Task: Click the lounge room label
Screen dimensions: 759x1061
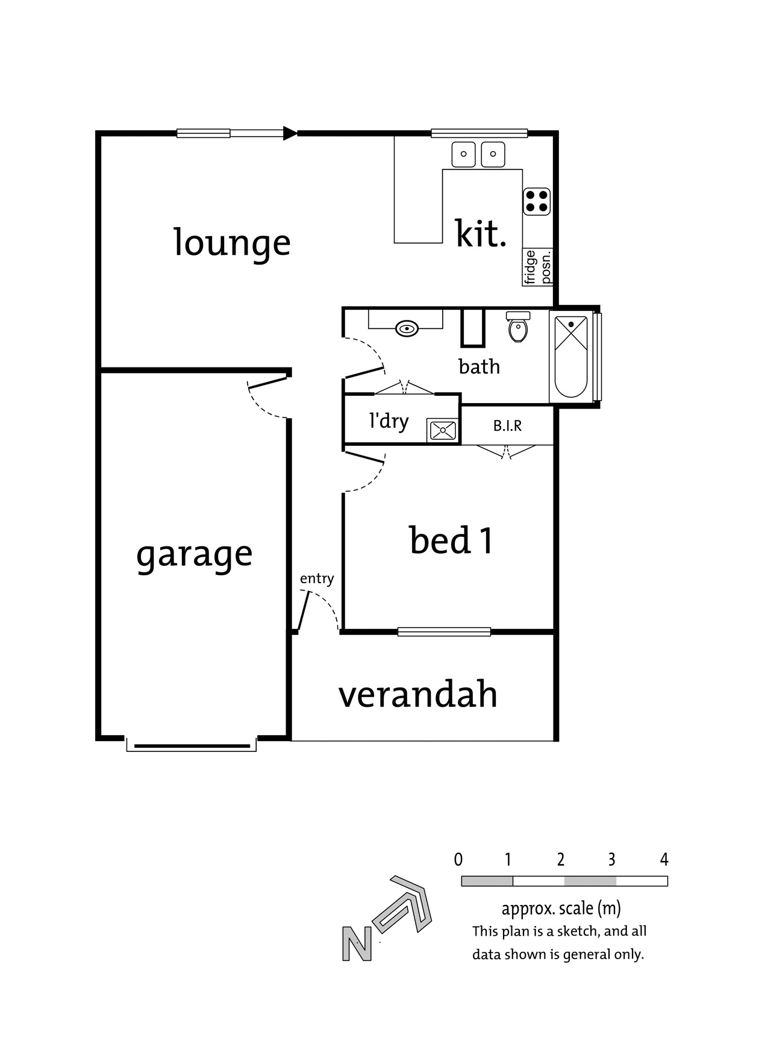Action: point(232,243)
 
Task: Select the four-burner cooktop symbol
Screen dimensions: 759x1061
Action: point(537,201)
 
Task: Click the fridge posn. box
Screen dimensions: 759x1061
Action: point(538,268)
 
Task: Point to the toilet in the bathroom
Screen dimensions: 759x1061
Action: point(518,327)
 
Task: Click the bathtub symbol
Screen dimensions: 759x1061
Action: point(570,357)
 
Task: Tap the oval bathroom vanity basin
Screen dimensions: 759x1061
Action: point(408,329)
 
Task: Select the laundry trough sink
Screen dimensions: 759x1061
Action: point(443,430)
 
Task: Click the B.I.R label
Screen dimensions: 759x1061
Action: point(508,426)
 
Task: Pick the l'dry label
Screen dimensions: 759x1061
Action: point(389,421)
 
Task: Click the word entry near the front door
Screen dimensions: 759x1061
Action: point(317,579)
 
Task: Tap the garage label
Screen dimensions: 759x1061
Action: point(194,555)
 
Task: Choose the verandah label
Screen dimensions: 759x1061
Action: point(418,695)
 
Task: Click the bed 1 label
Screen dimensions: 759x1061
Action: point(451,540)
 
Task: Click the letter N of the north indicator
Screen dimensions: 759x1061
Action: point(357,944)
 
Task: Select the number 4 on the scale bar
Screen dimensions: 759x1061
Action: point(664,860)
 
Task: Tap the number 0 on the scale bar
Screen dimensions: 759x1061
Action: point(458,860)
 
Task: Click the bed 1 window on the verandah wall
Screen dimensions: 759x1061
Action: point(444,632)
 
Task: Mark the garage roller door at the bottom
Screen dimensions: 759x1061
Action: point(192,746)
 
